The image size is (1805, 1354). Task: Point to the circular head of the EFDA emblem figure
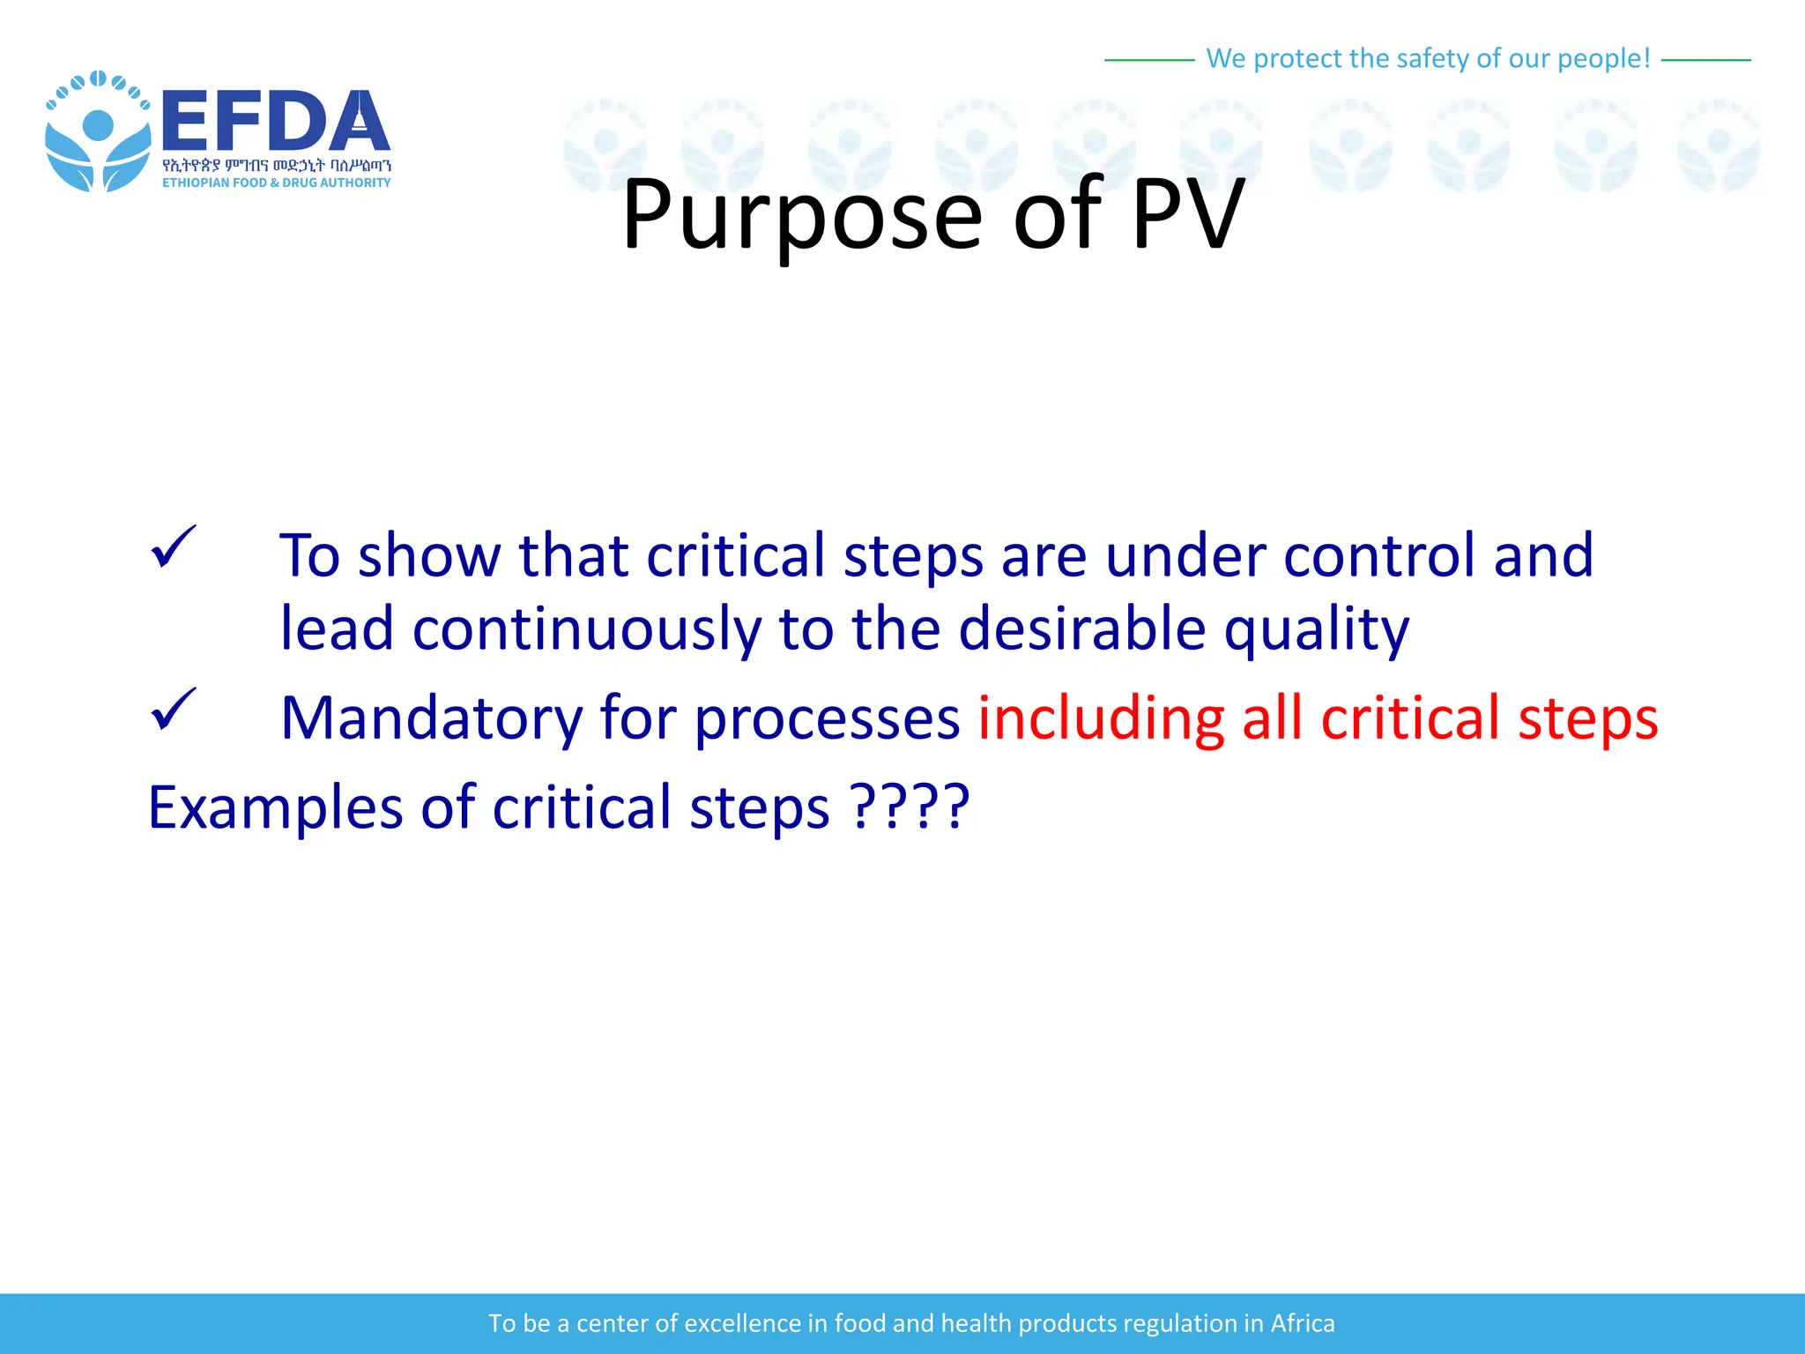coord(98,125)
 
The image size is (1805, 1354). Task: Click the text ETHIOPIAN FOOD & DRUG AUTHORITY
coord(276,182)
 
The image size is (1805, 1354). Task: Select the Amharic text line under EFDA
coord(276,165)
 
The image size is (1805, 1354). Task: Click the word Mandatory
coord(431,718)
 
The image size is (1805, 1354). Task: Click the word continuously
coord(586,629)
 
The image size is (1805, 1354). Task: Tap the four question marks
coord(910,806)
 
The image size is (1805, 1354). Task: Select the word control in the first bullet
coord(1378,555)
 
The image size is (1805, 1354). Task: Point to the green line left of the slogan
coord(1148,60)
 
